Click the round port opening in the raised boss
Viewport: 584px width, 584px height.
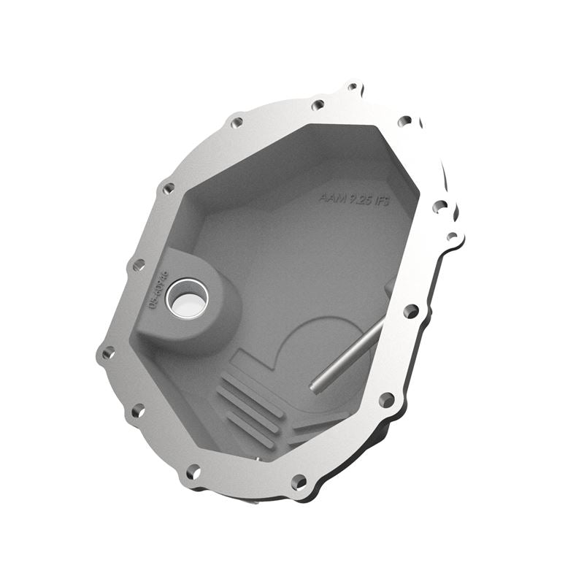pos(187,300)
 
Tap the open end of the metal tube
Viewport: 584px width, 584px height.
pos(316,385)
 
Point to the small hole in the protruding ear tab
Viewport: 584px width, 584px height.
pos(452,237)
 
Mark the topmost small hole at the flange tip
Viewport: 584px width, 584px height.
pos(353,87)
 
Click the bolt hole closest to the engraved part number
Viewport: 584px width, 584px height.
pos(137,265)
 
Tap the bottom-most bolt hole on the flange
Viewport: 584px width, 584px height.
pos(298,482)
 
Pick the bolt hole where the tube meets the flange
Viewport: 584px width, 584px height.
pos(411,312)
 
